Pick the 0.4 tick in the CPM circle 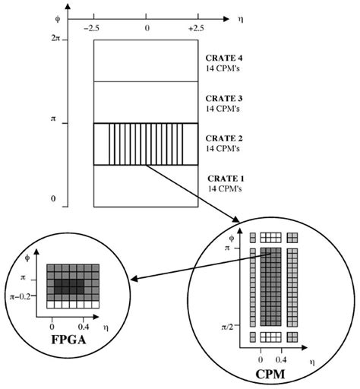click(x=283, y=355)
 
